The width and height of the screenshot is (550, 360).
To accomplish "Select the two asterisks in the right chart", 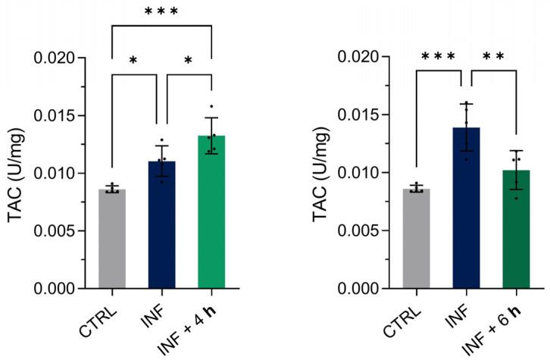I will point(492,57).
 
